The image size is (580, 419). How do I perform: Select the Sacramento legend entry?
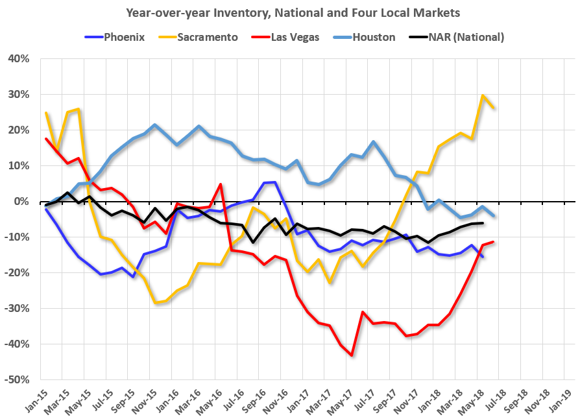[197, 37]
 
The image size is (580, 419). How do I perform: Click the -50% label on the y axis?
[16, 379]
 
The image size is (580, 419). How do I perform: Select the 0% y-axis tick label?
[21, 201]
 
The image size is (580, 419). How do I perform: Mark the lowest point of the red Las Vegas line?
[352, 355]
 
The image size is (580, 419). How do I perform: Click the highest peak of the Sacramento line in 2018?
[483, 96]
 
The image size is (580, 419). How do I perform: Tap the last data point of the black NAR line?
[483, 223]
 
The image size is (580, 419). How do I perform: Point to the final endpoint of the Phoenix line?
[483, 257]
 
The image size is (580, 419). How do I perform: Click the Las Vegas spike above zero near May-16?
[221, 184]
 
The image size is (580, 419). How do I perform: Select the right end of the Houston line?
[494, 216]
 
